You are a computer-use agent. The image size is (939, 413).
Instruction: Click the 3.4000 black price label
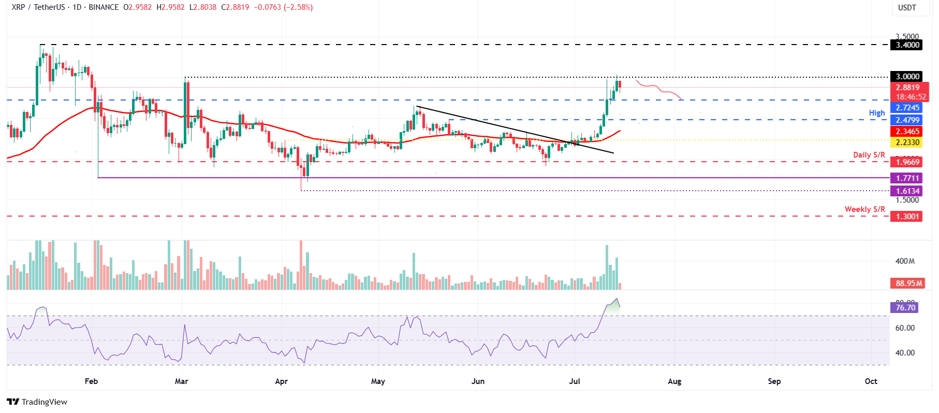pyautogui.click(x=908, y=45)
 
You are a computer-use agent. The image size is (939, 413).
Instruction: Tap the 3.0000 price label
pyautogui.click(x=908, y=77)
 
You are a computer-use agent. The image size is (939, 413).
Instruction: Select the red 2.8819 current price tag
pyautogui.click(x=908, y=88)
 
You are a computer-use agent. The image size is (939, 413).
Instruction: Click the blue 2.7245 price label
pyautogui.click(x=908, y=108)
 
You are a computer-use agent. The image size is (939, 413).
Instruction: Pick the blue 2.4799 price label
pyautogui.click(x=908, y=120)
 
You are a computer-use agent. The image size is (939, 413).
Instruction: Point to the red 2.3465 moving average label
pyautogui.click(x=908, y=132)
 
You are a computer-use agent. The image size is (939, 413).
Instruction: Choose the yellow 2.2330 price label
pyautogui.click(x=908, y=143)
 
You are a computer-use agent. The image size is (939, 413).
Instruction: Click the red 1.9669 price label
pyautogui.click(x=908, y=162)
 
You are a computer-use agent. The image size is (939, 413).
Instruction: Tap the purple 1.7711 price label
pyautogui.click(x=908, y=178)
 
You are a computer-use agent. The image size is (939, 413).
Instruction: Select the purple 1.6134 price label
pyautogui.click(x=908, y=191)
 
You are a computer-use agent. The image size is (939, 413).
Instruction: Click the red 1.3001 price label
pyautogui.click(x=908, y=217)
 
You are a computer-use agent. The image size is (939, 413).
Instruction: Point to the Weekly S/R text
pyautogui.click(x=864, y=209)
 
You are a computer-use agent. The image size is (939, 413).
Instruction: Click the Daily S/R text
pyautogui.click(x=869, y=155)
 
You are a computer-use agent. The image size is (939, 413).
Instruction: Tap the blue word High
pyautogui.click(x=876, y=113)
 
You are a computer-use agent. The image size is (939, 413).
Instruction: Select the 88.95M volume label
pyautogui.click(x=909, y=283)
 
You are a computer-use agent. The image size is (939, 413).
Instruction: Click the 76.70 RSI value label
pyautogui.click(x=905, y=308)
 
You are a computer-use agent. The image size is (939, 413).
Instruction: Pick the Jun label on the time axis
pyautogui.click(x=478, y=381)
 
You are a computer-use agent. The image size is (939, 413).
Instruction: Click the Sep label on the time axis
pyautogui.click(x=774, y=381)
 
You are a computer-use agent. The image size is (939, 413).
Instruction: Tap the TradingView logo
pyautogui.click(x=37, y=402)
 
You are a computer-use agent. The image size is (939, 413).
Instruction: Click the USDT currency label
pyautogui.click(x=907, y=8)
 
